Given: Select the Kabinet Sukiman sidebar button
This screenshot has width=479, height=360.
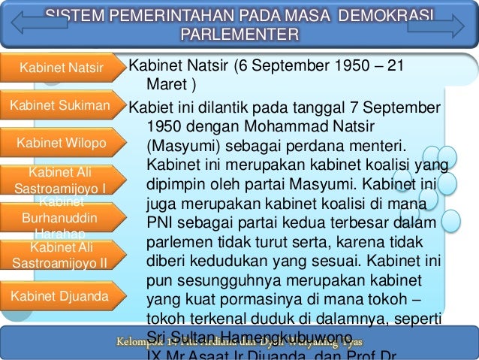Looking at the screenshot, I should coord(60,104).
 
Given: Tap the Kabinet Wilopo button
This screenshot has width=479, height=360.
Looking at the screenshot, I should coord(61,142).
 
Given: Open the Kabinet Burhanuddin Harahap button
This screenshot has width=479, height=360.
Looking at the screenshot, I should coord(60,216).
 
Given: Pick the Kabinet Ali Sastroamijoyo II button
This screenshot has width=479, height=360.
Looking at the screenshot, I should coord(60,255).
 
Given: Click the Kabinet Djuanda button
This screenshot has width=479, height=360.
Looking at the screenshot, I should coord(60,296).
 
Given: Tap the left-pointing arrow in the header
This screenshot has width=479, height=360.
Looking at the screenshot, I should coord(35,23).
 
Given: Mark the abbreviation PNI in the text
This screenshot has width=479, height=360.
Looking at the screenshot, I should coord(161,222).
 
